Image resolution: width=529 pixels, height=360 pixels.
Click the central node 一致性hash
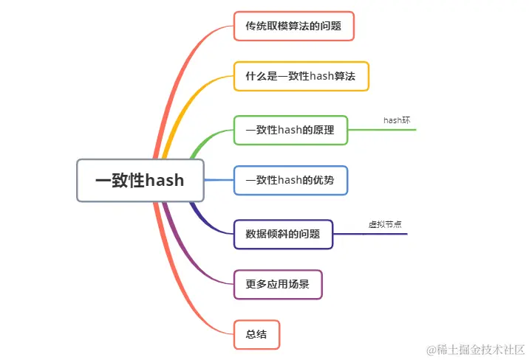point(140,180)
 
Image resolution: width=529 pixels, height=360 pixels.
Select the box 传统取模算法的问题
point(293,26)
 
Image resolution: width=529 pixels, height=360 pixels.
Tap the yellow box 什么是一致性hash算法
point(301,76)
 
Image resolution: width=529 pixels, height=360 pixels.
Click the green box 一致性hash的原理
point(290,130)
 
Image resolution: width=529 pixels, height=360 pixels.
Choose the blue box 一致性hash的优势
point(290,180)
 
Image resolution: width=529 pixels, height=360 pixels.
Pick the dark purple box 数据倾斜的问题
point(283,234)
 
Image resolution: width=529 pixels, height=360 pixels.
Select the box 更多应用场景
point(278,284)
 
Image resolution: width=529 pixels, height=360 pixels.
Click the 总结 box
point(256,334)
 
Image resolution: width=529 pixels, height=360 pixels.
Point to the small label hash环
point(396,120)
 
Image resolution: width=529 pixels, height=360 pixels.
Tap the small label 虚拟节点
point(385,224)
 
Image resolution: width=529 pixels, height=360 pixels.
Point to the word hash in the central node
point(164,181)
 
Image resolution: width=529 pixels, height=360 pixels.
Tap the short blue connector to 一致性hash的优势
point(219,180)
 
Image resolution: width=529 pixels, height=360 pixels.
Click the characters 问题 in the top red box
point(330,26)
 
